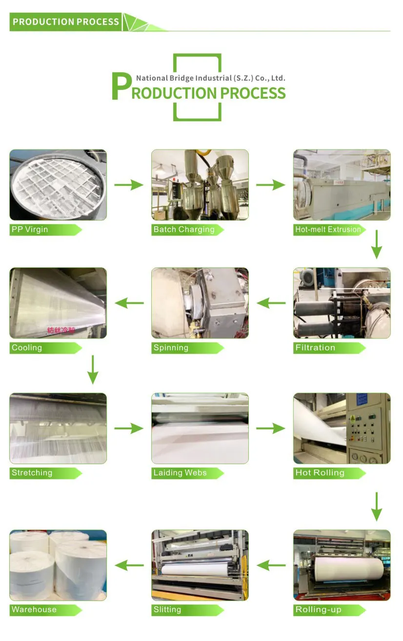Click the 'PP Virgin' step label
click(x=30, y=230)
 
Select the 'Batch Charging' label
click(x=184, y=230)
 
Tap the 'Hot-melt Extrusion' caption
click(x=328, y=230)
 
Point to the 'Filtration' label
click(x=315, y=348)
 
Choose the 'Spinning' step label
click(x=171, y=348)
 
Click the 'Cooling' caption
click(x=27, y=348)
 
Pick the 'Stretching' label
click(x=32, y=473)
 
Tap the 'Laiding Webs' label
click(x=180, y=473)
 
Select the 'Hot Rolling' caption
click(x=320, y=473)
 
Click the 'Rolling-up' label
click(x=318, y=610)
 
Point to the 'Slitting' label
click(x=167, y=610)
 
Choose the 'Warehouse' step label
click(x=34, y=610)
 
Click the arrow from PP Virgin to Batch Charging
click(x=129, y=185)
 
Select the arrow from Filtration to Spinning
click(x=271, y=303)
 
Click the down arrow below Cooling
click(x=93, y=370)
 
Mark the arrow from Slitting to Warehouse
click(x=129, y=566)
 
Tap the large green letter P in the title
click(x=121, y=87)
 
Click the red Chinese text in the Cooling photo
click(x=61, y=330)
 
